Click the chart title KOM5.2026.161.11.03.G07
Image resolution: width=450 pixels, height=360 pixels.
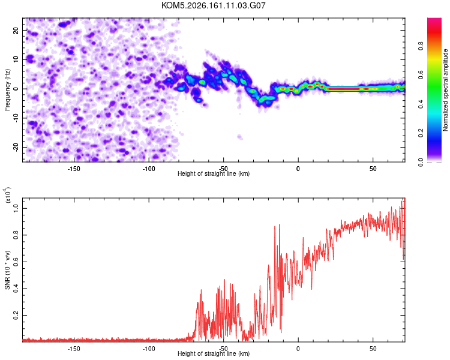point(213,5)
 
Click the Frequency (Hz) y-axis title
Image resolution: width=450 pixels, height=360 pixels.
point(7,90)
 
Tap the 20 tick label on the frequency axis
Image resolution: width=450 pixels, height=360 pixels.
point(16,31)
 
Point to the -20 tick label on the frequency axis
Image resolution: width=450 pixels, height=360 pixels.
point(16,148)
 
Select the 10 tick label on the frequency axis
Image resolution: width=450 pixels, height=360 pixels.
point(16,59)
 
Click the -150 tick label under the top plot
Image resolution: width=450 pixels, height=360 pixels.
point(74,169)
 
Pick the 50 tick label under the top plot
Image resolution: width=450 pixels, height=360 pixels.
point(373,169)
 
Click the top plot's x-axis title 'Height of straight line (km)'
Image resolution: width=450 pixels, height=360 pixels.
point(214,173)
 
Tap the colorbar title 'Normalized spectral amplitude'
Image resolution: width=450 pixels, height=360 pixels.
point(445,90)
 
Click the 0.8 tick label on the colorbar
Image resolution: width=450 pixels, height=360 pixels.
point(421,46)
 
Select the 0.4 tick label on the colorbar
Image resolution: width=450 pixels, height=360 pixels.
point(421,104)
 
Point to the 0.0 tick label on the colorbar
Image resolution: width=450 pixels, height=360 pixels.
point(421,163)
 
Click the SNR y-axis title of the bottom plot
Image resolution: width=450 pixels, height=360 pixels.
point(7,270)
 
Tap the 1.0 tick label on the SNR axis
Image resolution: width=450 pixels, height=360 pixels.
point(16,209)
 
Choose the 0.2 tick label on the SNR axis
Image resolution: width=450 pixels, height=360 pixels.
point(16,316)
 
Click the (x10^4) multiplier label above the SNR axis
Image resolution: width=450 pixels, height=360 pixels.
point(7,196)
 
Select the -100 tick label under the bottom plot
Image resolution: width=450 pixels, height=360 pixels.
point(149,349)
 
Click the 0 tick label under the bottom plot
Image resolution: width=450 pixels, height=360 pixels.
point(298,349)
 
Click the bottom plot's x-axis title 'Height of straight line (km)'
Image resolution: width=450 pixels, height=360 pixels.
point(214,353)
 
